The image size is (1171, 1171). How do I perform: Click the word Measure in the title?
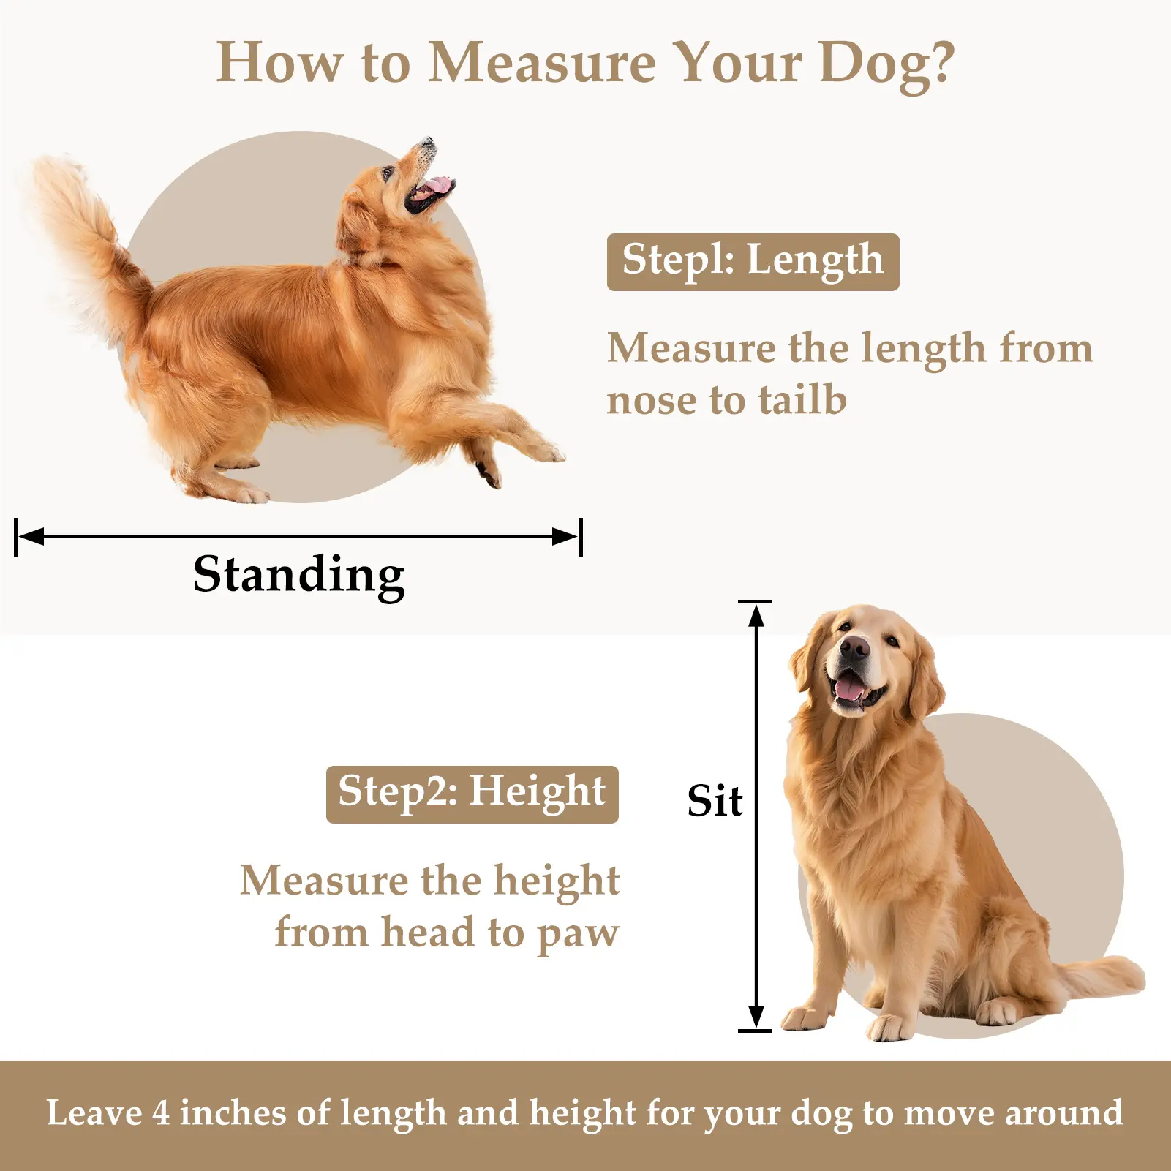click(542, 62)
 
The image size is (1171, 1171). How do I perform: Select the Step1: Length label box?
click(753, 262)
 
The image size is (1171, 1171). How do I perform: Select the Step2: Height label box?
click(472, 794)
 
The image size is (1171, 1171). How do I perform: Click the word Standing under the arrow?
click(298, 576)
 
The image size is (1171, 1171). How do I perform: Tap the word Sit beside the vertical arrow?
click(715, 801)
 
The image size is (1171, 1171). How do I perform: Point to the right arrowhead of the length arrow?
click(565, 537)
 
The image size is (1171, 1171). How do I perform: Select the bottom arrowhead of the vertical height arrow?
click(756, 1016)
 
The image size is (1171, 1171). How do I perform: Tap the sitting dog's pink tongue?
click(850, 689)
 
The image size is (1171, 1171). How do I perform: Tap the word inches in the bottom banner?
click(233, 1113)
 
